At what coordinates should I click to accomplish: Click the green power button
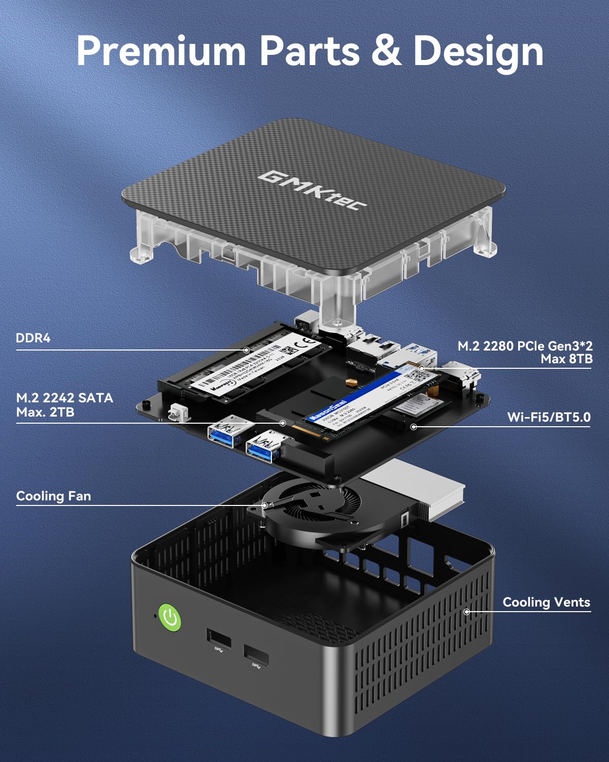tap(170, 618)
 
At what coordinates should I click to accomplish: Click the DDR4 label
tap(33, 338)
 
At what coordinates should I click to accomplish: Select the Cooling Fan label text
tap(53, 496)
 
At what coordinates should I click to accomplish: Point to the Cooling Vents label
tap(546, 602)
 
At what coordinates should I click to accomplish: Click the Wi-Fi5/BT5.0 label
tap(549, 418)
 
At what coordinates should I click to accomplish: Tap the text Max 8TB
tap(566, 359)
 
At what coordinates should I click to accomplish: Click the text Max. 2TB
tap(45, 412)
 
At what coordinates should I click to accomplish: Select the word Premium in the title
tap(161, 51)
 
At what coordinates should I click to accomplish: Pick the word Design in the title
tap(478, 51)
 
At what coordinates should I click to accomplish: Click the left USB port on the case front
tap(219, 639)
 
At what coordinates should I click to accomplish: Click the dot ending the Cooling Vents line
tap(466, 612)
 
